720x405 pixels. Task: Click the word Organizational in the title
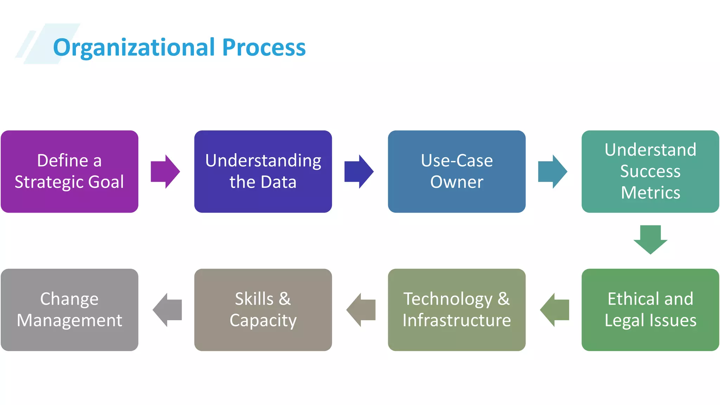click(134, 47)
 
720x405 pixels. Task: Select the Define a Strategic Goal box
click(70, 172)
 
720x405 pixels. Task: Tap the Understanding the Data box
click(263, 172)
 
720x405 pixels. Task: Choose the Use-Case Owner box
click(457, 172)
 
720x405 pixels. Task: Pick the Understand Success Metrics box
click(650, 172)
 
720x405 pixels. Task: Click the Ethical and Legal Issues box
click(650, 310)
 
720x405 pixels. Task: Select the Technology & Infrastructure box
click(457, 310)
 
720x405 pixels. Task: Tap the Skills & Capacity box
click(263, 310)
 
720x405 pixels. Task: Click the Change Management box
click(70, 310)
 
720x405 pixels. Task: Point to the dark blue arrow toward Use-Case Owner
click(359, 172)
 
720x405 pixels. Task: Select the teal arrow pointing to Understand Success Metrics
click(552, 172)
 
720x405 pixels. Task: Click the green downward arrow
click(650, 239)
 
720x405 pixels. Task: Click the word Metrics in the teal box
click(650, 193)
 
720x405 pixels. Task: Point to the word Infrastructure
click(457, 320)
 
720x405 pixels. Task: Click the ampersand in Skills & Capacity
click(285, 299)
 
